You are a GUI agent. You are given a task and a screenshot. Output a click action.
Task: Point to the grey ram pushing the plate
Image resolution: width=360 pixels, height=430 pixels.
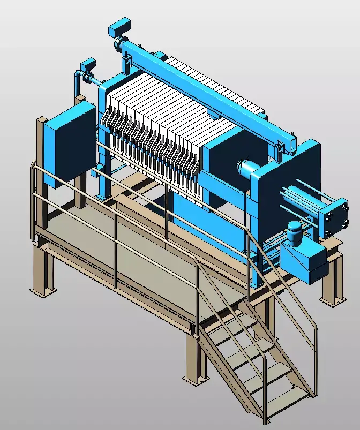[x=247, y=170]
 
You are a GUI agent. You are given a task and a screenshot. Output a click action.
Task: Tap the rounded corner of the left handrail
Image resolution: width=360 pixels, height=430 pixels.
[x=34, y=170]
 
